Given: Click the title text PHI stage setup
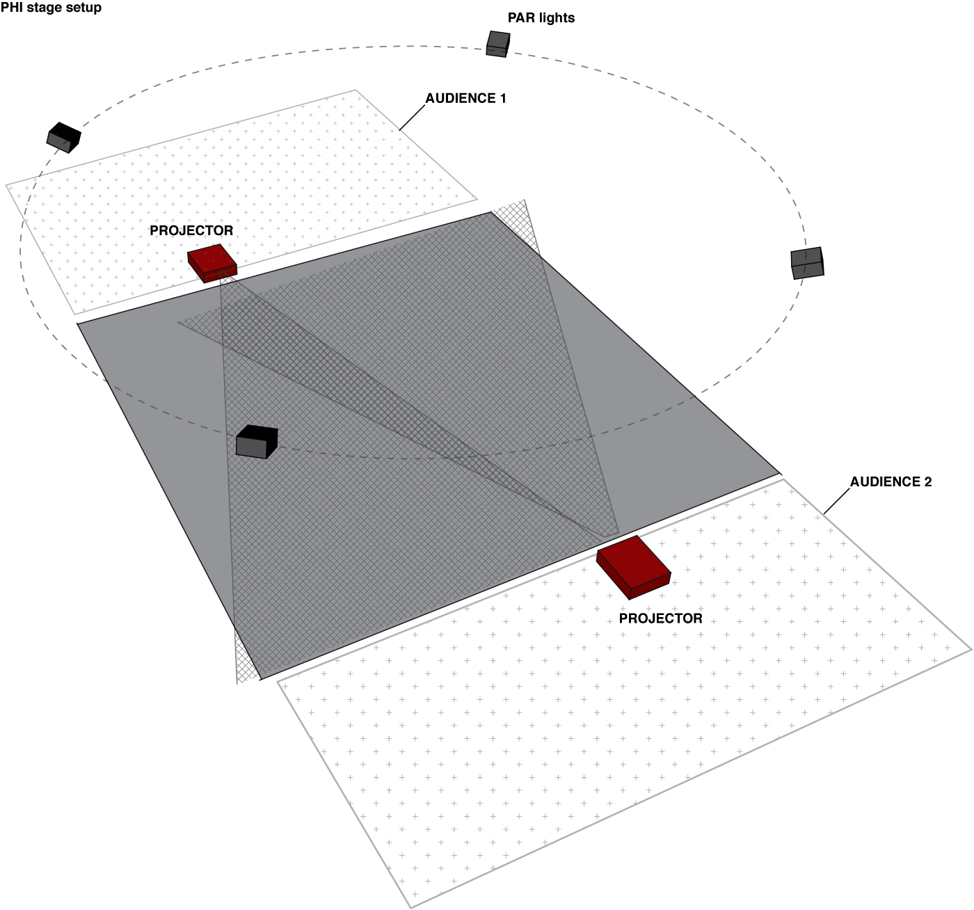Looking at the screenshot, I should point(51,8).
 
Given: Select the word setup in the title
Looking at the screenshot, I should point(84,8).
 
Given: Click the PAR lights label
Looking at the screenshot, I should point(541,18).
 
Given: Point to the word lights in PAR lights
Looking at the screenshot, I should point(557,18).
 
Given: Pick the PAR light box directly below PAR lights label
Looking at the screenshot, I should point(497,43).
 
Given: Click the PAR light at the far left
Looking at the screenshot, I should point(63,137).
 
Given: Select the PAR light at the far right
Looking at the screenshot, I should point(807,263).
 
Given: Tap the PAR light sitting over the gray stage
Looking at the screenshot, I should point(256,442).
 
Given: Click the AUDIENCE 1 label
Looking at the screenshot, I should point(466,98).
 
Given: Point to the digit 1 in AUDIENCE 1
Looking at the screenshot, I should point(502,98).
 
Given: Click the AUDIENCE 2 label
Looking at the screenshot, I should point(891,481).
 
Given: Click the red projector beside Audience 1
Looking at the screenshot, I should point(212,262).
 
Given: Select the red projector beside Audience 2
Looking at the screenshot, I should point(634,566).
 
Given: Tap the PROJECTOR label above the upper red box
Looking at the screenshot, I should point(191,230).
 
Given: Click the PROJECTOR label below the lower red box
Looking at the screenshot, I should point(660,618).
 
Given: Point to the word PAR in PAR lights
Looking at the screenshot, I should point(520,18).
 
